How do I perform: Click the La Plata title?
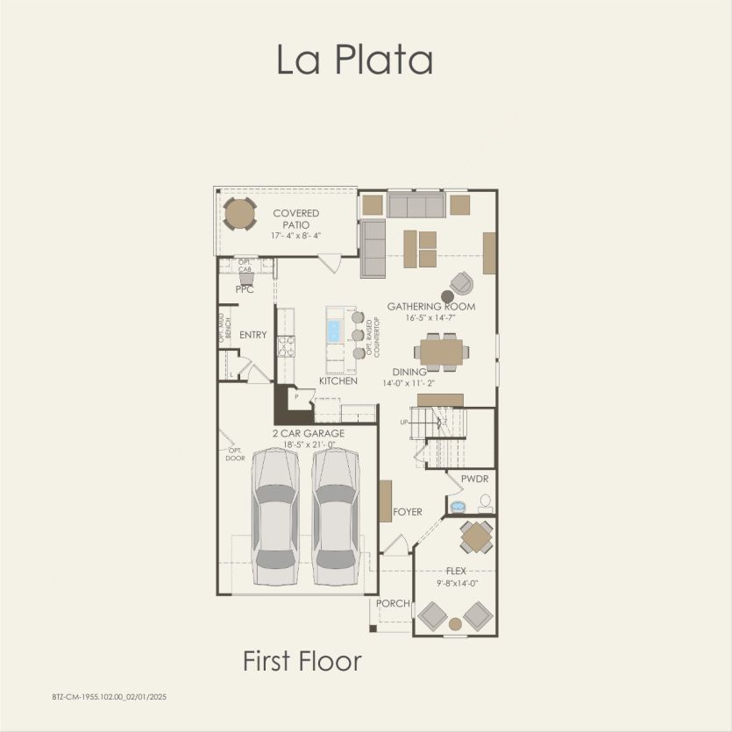[355, 60]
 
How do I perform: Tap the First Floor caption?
[302, 661]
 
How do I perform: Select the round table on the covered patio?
[239, 213]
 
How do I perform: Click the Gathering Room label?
[431, 306]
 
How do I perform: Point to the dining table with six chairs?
[441, 351]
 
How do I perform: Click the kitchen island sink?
[334, 330]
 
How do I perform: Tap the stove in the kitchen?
[286, 346]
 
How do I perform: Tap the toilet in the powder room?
[485, 503]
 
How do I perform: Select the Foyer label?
[408, 512]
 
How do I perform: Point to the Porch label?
[393, 604]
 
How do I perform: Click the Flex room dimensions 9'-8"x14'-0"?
[455, 582]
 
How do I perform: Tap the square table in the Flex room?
[477, 537]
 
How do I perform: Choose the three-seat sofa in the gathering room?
[416, 206]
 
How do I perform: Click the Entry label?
[253, 335]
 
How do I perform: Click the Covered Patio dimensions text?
[295, 235]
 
